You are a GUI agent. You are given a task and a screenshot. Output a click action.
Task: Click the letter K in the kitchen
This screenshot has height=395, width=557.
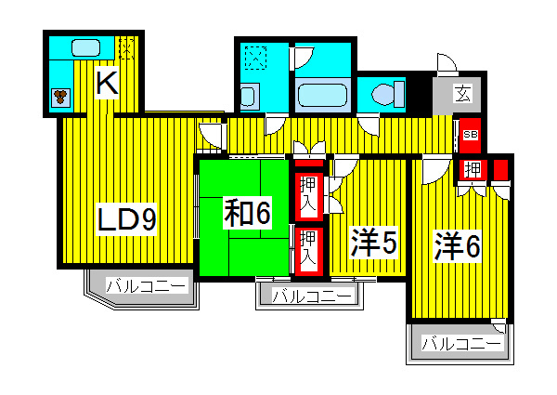(107, 85)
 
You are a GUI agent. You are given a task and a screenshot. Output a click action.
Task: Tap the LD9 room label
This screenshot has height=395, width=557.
(127, 220)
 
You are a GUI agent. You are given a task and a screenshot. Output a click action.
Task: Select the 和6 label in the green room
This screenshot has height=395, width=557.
(246, 214)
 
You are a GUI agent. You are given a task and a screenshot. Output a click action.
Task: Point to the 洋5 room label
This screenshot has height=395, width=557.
(374, 244)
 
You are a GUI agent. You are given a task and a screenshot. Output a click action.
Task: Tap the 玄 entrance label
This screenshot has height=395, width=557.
(461, 93)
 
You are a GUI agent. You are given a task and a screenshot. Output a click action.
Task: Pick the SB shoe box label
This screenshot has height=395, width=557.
(470, 135)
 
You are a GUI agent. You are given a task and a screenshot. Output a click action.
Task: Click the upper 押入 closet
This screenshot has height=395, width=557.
(307, 194)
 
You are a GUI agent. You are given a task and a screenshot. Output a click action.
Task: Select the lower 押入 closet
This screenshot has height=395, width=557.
(307, 248)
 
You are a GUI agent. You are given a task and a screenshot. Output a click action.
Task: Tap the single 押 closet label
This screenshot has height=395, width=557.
(473, 169)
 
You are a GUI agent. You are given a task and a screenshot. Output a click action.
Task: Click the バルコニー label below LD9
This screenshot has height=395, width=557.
(146, 286)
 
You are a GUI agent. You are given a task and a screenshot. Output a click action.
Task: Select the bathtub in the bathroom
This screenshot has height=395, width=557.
(321, 95)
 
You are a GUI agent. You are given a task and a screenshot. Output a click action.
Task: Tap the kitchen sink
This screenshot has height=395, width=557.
(84, 47)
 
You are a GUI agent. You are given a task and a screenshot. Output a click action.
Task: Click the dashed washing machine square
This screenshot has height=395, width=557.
(253, 59)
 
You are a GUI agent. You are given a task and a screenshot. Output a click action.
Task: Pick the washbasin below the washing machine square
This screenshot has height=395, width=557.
(248, 96)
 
